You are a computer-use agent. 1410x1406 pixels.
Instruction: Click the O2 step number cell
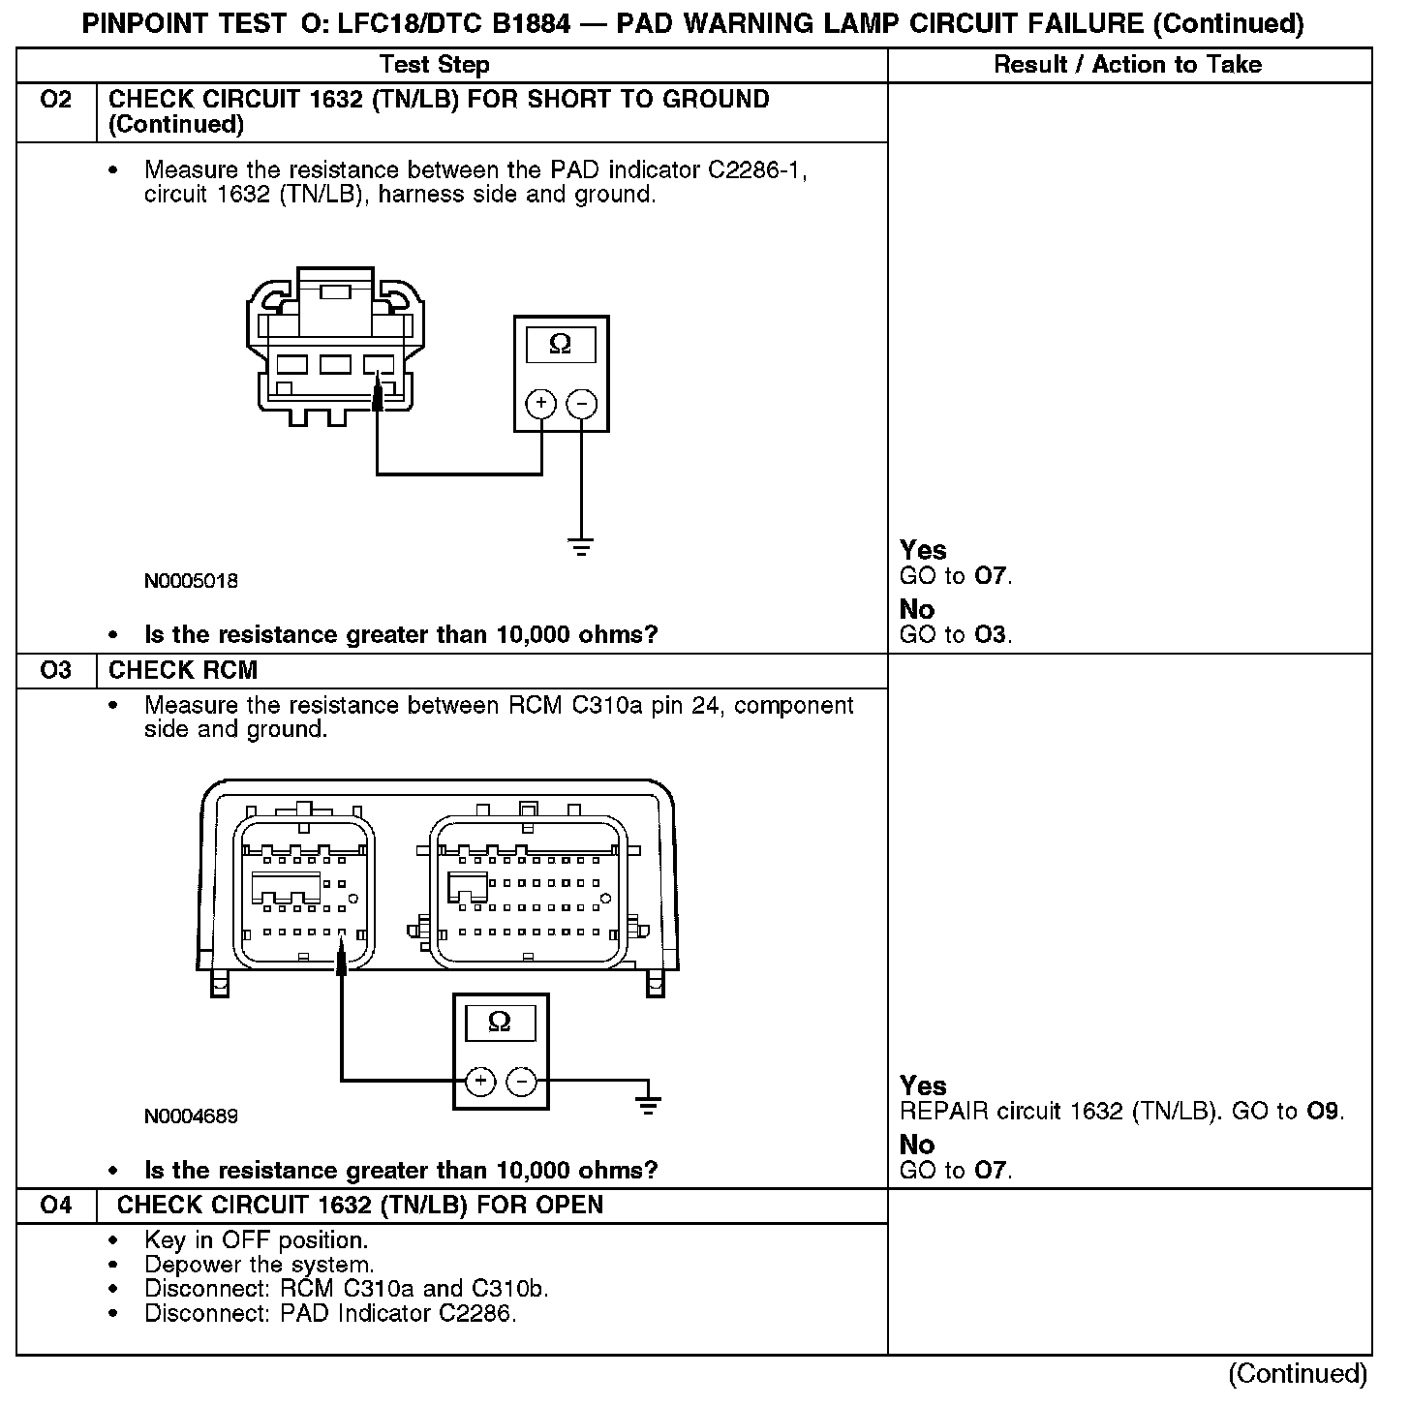(56, 100)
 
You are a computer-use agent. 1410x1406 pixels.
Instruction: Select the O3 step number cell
(56, 670)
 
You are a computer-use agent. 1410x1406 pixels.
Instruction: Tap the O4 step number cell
(56, 1205)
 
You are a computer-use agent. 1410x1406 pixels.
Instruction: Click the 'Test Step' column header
(434, 65)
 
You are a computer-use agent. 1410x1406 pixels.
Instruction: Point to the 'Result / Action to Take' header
(1128, 65)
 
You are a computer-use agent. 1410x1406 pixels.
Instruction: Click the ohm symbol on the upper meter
(560, 344)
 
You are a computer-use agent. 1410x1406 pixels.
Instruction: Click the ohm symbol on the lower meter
(500, 1022)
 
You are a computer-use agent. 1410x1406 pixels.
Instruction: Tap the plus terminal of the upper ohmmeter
(540, 403)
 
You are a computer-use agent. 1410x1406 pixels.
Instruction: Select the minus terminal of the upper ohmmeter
(581, 403)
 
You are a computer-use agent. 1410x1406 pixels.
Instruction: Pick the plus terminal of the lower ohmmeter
(480, 1081)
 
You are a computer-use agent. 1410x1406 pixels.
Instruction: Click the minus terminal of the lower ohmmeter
(522, 1081)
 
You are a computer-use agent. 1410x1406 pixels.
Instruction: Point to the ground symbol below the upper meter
(581, 548)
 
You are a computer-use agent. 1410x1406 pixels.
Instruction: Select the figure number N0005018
(191, 581)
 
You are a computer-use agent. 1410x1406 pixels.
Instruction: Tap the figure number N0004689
(191, 1116)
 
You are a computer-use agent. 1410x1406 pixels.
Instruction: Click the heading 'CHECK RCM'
(183, 670)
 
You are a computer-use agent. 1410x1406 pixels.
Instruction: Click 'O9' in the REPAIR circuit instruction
(1325, 1111)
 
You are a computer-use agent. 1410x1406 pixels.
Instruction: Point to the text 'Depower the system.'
(259, 1265)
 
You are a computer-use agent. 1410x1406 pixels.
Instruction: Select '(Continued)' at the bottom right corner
(1298, 1373)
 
